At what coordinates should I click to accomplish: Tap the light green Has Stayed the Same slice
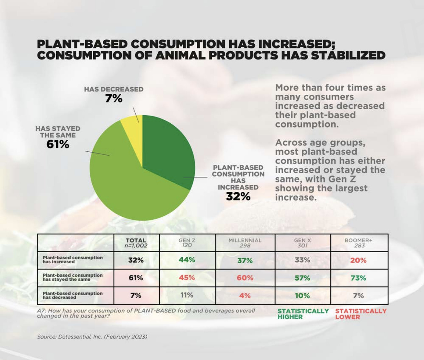[x=130, y=189]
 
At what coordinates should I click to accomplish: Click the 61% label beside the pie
[x=58, y=144]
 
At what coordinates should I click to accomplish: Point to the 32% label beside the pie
[x=238, y=196]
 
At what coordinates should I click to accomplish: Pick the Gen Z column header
[x=187, y=243]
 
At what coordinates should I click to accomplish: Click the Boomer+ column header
[x=359, y=243]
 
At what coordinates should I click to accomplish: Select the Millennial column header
[x=245, y=243]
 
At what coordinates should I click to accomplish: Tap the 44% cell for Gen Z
[x=187, y=260]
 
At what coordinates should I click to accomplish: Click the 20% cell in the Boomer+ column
[x=358, y=260]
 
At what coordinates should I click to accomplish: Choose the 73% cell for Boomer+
[x=358, y=278]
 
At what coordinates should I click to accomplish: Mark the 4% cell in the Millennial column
[x=245, y=296]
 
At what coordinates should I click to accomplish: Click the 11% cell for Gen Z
[x=187, y=295]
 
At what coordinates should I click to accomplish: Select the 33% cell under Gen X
[x=302, y=260]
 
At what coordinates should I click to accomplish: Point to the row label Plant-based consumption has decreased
[x=73, y=295]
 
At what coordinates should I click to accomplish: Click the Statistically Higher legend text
[x=303, y=314]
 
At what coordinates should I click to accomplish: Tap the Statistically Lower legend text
[x=361, y=314]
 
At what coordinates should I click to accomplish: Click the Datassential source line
[x=92, y=337]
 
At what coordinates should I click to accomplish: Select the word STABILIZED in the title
[x=348, y=55]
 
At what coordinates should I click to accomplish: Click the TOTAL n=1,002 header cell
[x=136, y=243]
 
